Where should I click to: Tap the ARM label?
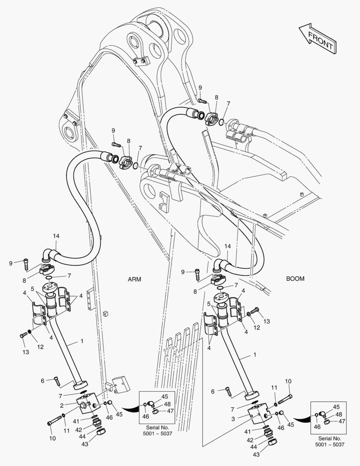tap(134, 279)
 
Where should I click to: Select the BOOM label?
tap(295, 279)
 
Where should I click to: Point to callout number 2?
tap(62, 405)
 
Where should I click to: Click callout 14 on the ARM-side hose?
tap(56, 236)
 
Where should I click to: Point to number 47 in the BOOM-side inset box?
tap(342, 421)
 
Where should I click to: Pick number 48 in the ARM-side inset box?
tap(166, 404)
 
